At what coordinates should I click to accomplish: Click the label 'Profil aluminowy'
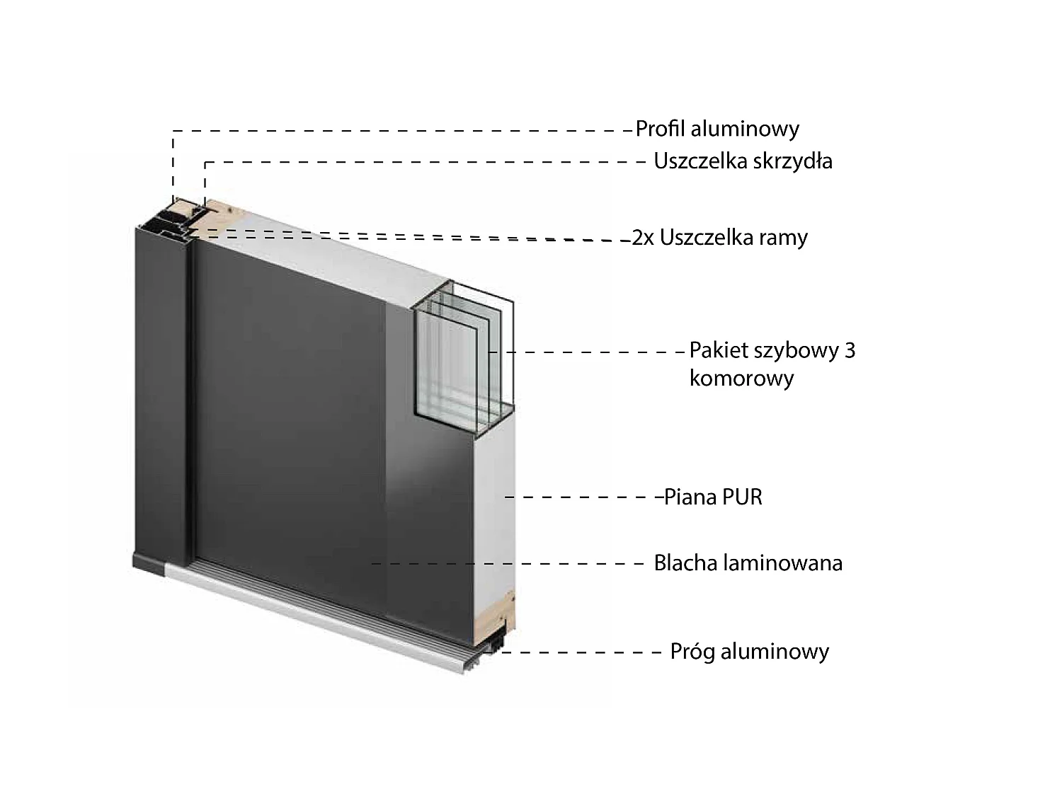717,129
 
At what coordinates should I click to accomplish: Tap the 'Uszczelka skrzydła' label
743,161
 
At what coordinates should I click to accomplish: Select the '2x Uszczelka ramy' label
720,238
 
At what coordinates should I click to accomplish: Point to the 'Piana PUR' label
713,497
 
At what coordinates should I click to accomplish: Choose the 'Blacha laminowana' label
748,563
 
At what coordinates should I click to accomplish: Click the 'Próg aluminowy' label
750,652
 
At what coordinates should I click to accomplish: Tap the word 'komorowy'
742,378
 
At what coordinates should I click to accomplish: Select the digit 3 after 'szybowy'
850,350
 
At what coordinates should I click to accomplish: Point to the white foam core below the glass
494,507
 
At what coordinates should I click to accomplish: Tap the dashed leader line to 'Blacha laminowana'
507,564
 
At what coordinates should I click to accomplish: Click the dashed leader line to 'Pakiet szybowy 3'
587,352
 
